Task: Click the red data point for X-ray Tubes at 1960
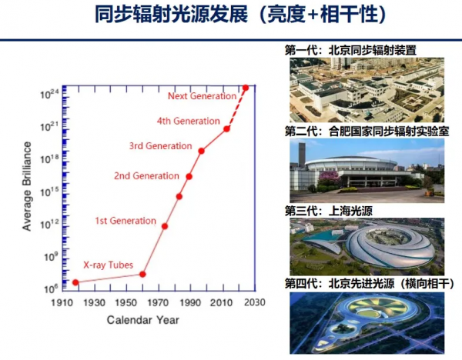142,275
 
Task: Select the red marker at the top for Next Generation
246,88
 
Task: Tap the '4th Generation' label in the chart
189,121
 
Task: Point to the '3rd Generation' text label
161,146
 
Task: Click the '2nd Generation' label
146,176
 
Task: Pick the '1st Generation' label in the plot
126,221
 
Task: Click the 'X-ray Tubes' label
108,265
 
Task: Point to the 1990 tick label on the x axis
191,302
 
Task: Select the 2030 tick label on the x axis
255,302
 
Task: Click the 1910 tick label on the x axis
62,302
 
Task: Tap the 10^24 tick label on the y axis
50,94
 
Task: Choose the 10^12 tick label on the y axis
50,225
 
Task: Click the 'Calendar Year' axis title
143,320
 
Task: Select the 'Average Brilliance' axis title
27,186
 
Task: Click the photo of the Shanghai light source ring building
367,247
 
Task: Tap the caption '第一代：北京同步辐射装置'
350,50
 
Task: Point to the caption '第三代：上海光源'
329,211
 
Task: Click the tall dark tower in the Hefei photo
302,155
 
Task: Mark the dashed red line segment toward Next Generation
236,108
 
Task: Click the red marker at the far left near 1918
75,282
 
